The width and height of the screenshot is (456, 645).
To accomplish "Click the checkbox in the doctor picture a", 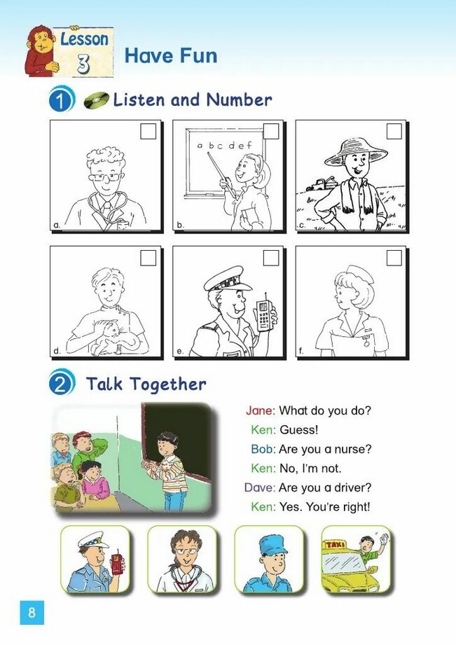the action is pyautogui.click(x=148, y=131).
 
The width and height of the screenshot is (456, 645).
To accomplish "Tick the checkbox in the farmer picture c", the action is pyautogui.click(x=394, y=131).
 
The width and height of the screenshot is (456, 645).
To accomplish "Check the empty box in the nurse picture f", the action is pyautogui.click(x=394, y=258).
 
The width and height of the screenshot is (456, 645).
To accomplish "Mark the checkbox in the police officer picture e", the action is pyautogui.click(x=271, y=258).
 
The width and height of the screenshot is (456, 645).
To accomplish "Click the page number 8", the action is pyautogui.click(x=32, y=613).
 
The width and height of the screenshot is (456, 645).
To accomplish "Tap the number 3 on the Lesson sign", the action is pyautogui.click(x=83, y=64).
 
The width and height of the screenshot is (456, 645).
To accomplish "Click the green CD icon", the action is pyautogui.click(x=96, y=100).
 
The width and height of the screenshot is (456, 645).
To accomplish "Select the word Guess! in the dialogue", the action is pyautogui.click(x=299, y=430).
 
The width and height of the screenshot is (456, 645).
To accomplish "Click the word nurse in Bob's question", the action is pyautogui.click(x=349, y=449).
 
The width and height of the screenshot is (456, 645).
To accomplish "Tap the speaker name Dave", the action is pyautogui.click(x=259, y=488).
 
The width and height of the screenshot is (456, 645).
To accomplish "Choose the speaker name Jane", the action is pyautogui.click(x=259, y=410).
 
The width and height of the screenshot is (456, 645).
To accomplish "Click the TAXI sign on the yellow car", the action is pyautogui.click(x=336, y=545).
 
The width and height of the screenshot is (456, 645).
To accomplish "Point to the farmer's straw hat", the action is pyautogui.click(x=356, y=152).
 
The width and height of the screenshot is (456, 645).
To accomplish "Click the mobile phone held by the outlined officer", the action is pyautogui.click(x=265, y=313).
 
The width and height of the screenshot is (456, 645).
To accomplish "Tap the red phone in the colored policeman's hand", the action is pyautogui.click(x=117, y=562).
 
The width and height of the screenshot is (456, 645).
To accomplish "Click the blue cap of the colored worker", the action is pyautogui.click(x=272, y=545).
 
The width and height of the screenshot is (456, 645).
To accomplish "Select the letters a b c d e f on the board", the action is pyautogui.click(x=224, y=145).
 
